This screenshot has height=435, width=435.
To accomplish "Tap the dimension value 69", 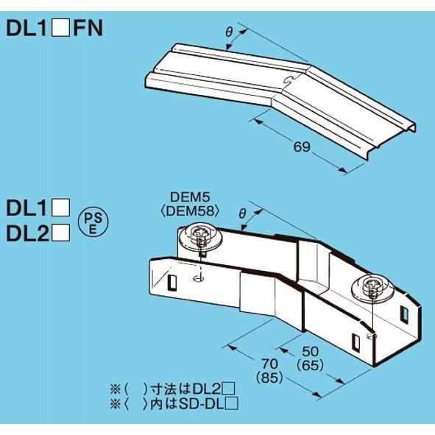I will (x=301, y=147).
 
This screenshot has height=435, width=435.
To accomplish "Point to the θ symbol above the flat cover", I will (x=229, y=32).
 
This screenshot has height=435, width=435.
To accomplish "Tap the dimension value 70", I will (x=270, y=363).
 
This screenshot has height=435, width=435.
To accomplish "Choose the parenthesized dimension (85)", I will (x=270, y=377).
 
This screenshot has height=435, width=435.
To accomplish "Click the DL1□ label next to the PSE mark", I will (x=38, y=208).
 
